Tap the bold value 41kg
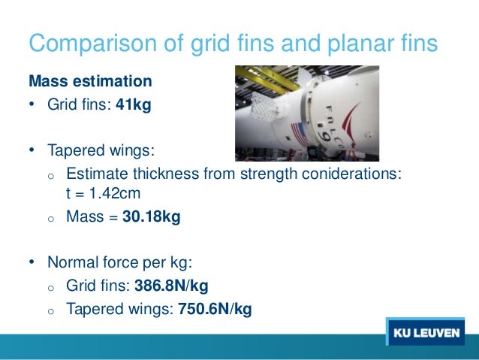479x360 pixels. coord(133,104)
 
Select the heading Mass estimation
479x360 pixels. coord(89,80)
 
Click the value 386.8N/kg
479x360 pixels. coord(171,286)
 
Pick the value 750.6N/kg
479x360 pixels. coord(214,307)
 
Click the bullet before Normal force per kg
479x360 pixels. coord(32,264)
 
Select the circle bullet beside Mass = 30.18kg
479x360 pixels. coord(51,218)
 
